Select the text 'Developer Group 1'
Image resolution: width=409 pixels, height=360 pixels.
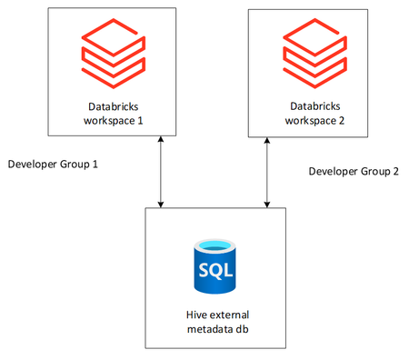pos(52,165)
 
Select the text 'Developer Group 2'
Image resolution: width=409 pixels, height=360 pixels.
pos(354,171)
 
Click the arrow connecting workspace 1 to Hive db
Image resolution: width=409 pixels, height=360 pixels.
pos(161,173)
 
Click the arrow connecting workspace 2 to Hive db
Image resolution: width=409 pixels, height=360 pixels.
pos(265,173)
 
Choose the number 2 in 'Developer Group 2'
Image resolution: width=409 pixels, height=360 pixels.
pos(395,171)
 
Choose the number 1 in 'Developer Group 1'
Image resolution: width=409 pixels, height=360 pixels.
pos(94,165)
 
